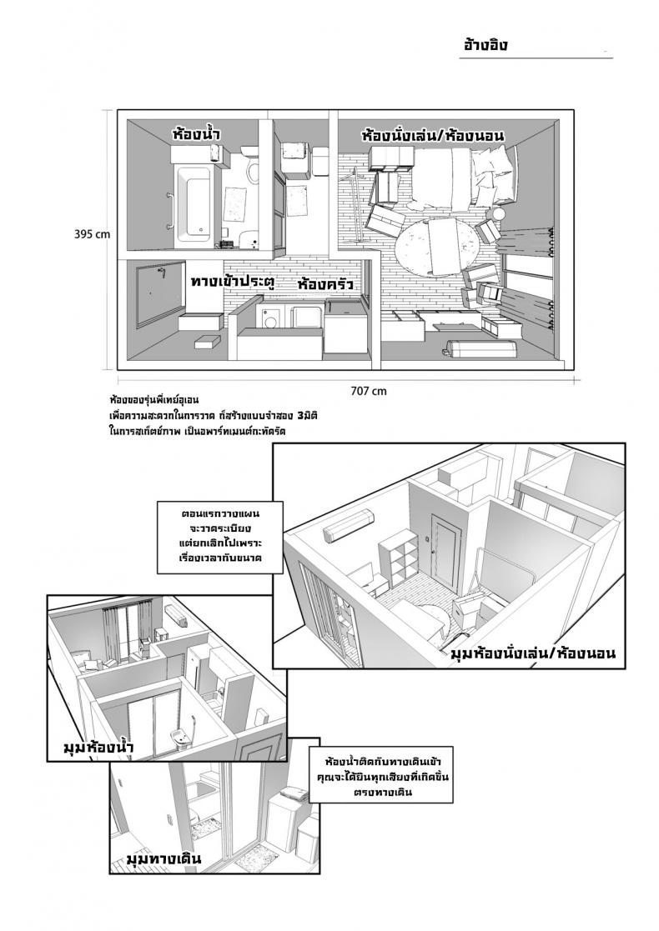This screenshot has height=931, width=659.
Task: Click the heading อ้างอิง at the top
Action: click(x=485, y=45)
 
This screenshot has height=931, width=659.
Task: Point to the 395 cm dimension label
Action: click(x=92, y=234)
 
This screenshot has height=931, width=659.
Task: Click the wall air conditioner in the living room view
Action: click(x=345, y=527)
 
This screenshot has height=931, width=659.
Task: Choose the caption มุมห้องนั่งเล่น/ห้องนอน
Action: click(x=532, y=653)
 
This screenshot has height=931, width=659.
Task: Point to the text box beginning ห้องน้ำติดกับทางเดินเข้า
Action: click(x=379, y=777)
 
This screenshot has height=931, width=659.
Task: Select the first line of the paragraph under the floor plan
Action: click(x=154, y=400)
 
